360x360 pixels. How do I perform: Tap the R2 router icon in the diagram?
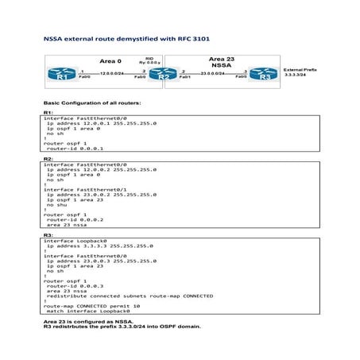pos(164,75)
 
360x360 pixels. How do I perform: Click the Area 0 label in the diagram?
pos(110,61)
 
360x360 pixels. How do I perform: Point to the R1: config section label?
pos(48,113)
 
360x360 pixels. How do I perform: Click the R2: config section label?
pos(48,159)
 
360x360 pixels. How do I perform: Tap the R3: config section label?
pos(48,235)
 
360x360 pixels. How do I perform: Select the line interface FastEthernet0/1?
pos(83,190)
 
